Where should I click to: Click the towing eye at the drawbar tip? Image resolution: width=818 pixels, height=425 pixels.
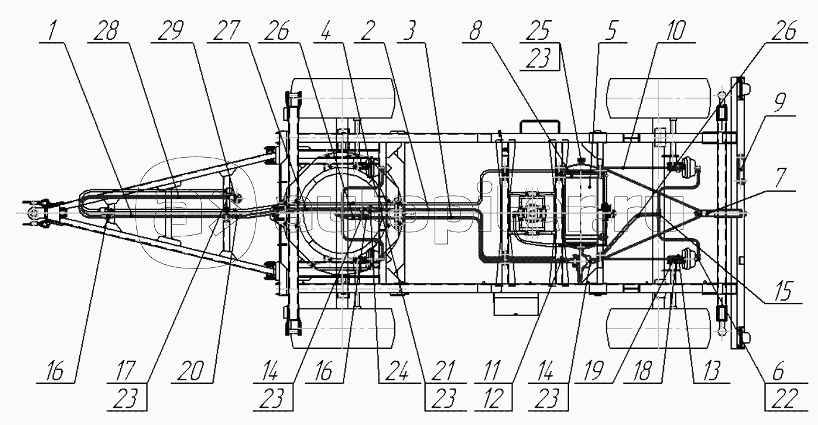[x=33, y=212]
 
